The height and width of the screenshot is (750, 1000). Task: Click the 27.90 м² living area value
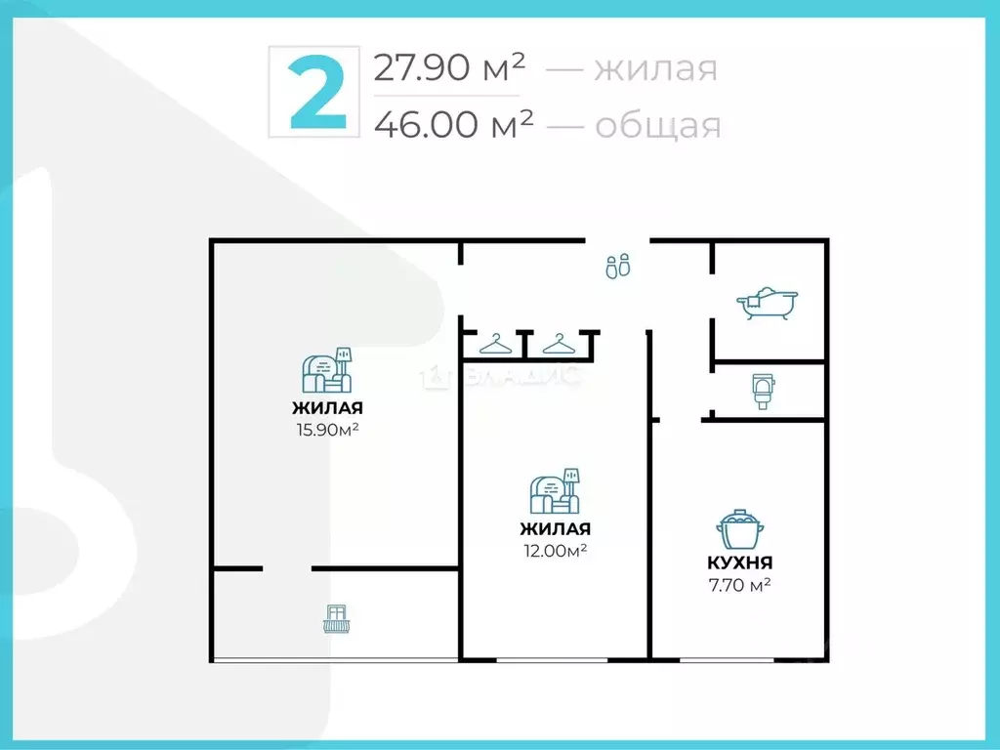click(450, 68)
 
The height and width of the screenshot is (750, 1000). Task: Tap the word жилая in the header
click(656, 69)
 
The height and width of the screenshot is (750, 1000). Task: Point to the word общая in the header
click(657, 125)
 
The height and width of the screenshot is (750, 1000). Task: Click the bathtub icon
click(769, 303)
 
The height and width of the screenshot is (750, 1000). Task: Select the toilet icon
click(764, 391)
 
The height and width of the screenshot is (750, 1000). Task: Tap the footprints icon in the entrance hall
click(618, 265)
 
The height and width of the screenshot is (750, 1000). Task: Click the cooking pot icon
click(739, 531)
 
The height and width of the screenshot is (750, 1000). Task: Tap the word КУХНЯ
click(739, 562)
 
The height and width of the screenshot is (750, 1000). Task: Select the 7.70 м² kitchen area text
click(739, 585)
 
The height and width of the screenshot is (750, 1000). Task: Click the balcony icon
click(336, 618)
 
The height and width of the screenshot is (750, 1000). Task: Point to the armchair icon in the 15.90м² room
click(327, 370)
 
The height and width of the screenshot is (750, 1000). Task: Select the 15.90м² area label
click(326, 428)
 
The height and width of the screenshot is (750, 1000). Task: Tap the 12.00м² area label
click(554, 550)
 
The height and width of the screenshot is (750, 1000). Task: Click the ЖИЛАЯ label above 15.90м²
click(327, 408)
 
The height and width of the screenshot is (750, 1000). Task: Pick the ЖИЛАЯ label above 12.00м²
click(555, 529)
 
